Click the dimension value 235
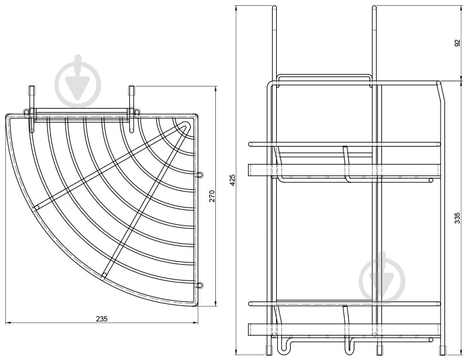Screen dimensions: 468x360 (x=102, y=319)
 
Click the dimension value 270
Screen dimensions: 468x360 (x=212, y=196)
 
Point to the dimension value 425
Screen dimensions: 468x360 (x=232, y=180)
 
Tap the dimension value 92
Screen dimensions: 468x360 (x=457, y=43)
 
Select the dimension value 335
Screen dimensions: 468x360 (x=457, y=218)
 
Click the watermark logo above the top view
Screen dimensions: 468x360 (x=78, y=81)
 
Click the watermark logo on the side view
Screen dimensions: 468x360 (x=382, y=278)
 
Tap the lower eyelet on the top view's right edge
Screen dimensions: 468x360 (x=199, y=285)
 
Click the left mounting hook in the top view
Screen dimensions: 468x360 (x=32, y=109)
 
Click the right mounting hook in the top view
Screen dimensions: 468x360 (x=131, y=109)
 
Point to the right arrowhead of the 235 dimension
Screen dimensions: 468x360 (x=195, y=323)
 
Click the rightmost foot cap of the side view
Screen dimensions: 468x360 (x=442, y=350)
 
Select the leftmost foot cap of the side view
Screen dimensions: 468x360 (x=269, y=350)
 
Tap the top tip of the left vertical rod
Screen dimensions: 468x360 (x=274, y=6)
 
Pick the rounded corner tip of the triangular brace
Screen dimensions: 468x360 (x=186, y=124)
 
